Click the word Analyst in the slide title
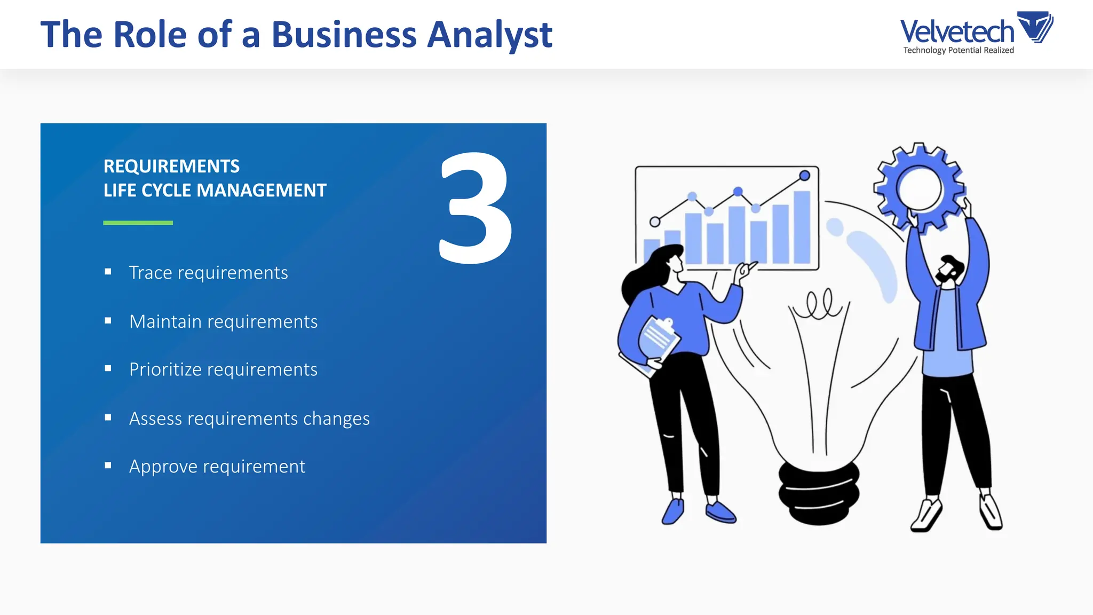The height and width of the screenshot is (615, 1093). tap(489, 35)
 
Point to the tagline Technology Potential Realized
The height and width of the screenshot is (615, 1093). tap(959, 50)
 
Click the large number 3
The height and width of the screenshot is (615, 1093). tap(475, 208)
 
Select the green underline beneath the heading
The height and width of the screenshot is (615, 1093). tap(138, 223)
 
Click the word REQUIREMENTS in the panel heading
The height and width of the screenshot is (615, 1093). tap(171, 166)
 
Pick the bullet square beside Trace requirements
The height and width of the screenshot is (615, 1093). tap(108, 272)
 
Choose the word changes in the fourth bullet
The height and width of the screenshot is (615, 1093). tap(336, 419)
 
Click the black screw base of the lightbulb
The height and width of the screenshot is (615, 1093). tap(819, 492)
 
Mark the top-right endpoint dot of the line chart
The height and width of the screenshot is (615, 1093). tap(805, 175)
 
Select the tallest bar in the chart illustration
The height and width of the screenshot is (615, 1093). tap(802, 226)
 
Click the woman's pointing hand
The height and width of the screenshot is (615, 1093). tap(743, 270)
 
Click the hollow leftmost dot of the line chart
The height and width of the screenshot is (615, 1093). tap(655, 222)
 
